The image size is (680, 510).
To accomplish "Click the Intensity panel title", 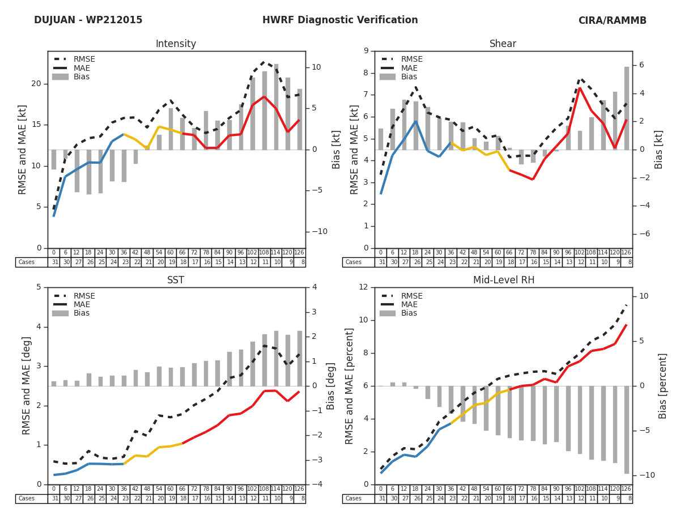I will (176, 44).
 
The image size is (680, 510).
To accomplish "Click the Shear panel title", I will (503, 44).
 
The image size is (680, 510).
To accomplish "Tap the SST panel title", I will (176, 280).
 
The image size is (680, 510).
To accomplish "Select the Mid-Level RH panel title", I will (503, 280).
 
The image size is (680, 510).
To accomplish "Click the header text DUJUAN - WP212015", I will (88, 20).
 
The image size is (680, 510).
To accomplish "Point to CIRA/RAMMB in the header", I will (612, 21).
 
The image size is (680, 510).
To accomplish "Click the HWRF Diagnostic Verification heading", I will (340, 20).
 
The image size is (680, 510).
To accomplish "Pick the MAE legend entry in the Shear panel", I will (409, 68).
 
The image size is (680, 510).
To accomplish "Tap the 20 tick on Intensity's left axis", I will (36, 84).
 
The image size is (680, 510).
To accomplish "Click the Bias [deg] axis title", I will (331, 386).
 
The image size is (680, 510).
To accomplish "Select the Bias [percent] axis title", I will (663, 386).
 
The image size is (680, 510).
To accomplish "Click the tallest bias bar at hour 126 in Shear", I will (627, 108).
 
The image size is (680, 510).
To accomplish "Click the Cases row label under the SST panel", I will (27, 499).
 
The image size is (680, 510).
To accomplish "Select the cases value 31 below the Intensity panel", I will (54, 262).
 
